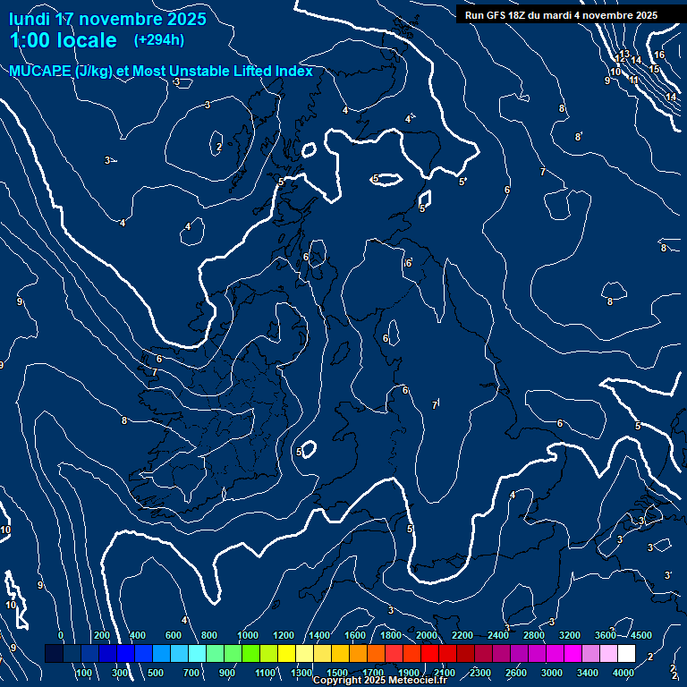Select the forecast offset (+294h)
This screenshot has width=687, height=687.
point(159,40)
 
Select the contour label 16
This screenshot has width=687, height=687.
point(659,55)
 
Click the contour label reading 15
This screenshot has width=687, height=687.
point(654,69)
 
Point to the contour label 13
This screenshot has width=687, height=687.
point(625,55)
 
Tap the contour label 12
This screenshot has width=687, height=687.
point(618,61)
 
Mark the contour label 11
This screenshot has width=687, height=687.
point(633,80)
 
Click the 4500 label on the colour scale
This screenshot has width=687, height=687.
point(641,634)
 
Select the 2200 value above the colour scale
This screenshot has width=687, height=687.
point(462,634)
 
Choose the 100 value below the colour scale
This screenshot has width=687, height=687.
point(84,672)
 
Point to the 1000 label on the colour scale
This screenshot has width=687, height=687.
point(248,634)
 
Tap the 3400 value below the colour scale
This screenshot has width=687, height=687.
point(588,672)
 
